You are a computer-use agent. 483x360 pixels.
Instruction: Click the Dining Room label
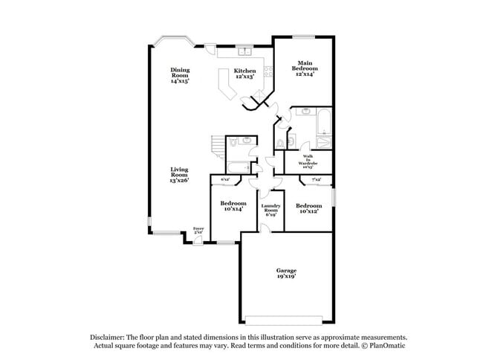(x=181, y=74)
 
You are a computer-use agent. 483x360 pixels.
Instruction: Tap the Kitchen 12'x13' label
(x=244, y=74)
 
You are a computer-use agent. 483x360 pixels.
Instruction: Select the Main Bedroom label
(x=304, y=68)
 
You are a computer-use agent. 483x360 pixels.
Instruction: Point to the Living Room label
(x=178, y=175)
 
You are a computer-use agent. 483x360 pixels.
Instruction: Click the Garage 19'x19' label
(x=287, y=273)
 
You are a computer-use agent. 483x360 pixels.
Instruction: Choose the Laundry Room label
(x=270, y=209)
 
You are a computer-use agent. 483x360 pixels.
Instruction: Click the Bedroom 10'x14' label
(x=234, y=206)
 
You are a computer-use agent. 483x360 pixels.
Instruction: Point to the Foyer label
(x=198, y=230)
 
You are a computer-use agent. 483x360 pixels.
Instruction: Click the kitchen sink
(x=244, y=51)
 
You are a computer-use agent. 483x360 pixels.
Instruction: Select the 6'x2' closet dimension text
(x=224, y=179)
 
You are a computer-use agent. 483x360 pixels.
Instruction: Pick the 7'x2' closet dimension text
(x=315, y=179)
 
